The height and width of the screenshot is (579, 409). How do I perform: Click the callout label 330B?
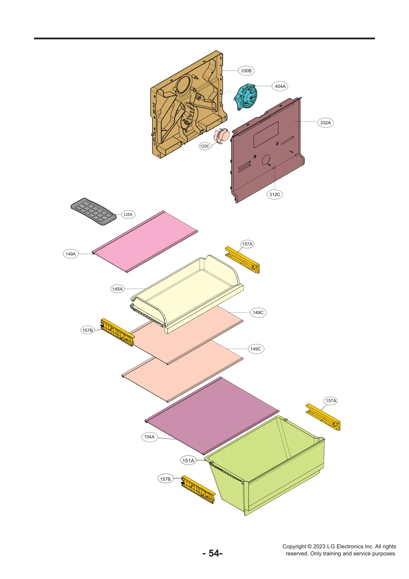click(x=246, y=71)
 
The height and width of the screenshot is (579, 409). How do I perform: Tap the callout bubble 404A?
click(x=280, y=86)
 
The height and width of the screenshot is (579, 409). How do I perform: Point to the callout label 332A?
click(x=325, y=123)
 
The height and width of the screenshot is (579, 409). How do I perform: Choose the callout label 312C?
click(x=275, y=194)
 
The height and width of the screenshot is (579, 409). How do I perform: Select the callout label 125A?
click(x=128, y=214)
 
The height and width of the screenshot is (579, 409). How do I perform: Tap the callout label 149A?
click(x=71, y=254)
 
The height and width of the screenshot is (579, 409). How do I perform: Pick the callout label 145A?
click(x=117, y=289)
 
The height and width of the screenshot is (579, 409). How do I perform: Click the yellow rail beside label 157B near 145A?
click(x=118, y=332)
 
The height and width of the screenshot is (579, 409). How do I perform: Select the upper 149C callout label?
click(x=258, y=312)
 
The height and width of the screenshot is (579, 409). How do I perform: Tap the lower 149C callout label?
click(x=255, y=349)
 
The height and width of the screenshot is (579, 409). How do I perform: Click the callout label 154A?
click(x=149, y=437)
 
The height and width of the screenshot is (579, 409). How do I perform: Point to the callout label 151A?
click(x=188, y=461)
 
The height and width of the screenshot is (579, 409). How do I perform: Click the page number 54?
click(x=213, y=553)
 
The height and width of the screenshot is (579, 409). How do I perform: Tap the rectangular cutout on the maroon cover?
click(x=266, y=134)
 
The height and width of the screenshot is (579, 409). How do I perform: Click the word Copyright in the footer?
click(x=294, y=546)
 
